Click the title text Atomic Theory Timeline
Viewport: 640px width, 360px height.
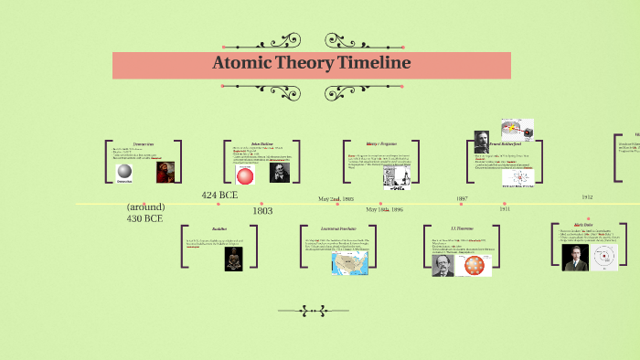point(311,64)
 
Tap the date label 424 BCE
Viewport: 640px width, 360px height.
point(220,194)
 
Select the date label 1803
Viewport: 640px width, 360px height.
point(262,211)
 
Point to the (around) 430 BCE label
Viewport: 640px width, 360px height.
point(145,213)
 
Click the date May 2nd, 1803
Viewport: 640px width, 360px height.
point(336,198)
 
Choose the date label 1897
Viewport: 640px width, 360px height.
point(462,198)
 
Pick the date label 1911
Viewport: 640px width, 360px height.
point(505,209)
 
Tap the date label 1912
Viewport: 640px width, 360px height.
point(587,196)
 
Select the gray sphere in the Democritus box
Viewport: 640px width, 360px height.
point(124,173)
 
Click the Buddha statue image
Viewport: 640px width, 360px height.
point(234,259)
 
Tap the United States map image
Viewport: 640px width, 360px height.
point(348,263)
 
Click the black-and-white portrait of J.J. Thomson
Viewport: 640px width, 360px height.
point(443,265)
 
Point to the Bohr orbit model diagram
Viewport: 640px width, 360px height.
point(604,257)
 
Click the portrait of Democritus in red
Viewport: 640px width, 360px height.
point(165,172)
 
